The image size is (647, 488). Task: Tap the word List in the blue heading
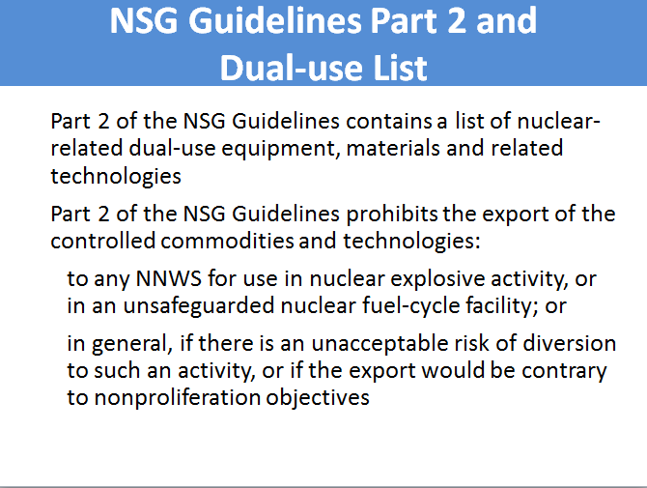coord(400,68)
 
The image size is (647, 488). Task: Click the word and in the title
coord(506,20)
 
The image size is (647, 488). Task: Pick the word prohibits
coord(392,215)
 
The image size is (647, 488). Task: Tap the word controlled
coord(102,241)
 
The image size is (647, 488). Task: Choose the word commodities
coord(227,241)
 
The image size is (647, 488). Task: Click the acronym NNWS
coord(169,278)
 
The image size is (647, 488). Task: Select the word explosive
coord(437,279)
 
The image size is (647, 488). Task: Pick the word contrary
coord(565,371)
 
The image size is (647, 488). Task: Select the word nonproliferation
coord(178,398)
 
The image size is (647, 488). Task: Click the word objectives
coord(318,398)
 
